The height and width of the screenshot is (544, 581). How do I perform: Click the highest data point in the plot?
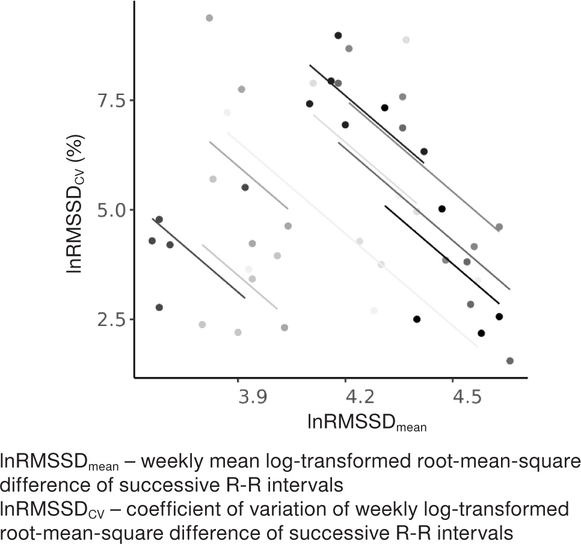[x=209, y=18]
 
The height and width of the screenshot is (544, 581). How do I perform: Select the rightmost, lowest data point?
[x=510, y=361]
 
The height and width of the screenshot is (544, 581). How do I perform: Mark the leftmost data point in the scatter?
[x=152, y=241]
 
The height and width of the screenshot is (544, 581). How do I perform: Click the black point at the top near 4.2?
[x=338, y=35]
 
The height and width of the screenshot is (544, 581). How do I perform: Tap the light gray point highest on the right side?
[x=406, y=40]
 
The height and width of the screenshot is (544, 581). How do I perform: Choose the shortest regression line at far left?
[x=199, y=258]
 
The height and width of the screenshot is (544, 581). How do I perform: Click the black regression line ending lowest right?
[x=442, y=255]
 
